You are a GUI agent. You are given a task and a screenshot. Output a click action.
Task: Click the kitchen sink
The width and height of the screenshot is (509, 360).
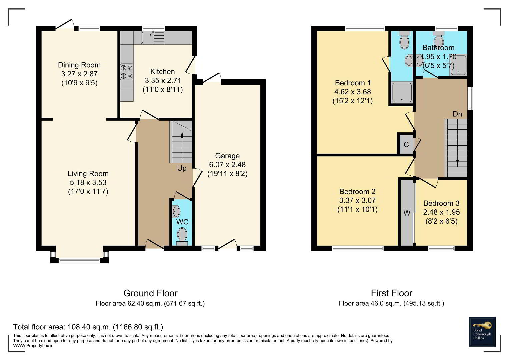tap(153, 37)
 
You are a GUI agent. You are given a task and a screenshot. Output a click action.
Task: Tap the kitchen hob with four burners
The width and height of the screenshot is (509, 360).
tap(127, 72)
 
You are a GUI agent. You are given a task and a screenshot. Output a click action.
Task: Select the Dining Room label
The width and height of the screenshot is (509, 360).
tap(79, 65)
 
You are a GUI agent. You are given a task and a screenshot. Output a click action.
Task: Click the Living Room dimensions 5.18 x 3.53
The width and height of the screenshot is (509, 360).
tap(88, 183)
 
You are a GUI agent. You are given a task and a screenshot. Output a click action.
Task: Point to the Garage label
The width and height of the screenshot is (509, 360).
tap(227, 156)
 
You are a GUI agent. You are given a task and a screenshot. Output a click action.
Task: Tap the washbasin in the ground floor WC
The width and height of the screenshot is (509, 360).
tap(176, 211)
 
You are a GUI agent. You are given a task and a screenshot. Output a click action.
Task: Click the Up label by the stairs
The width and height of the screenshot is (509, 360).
tap(182, 168)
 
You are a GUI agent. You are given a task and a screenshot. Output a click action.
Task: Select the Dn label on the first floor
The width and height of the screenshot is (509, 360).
tap(457, 114)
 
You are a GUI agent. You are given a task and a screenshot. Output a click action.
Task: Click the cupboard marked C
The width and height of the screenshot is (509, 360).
tap(406, 144)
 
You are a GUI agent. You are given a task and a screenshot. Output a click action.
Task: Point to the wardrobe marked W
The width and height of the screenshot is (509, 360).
tap(407, 213)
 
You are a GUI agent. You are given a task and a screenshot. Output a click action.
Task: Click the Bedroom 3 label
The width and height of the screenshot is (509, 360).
tap(441, 203)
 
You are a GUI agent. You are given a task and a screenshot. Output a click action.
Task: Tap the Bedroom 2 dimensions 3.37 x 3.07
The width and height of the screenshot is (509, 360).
tap(357, 200)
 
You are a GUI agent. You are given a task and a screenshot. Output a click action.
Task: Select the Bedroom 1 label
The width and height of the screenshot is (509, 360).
tap(353, 83)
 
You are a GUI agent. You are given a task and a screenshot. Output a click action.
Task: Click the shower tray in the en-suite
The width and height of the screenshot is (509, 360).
tap(402, 92)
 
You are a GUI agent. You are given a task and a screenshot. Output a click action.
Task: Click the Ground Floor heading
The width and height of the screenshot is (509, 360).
tap(150, 293)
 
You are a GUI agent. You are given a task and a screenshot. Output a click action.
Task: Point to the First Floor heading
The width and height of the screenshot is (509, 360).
tap(392, 293)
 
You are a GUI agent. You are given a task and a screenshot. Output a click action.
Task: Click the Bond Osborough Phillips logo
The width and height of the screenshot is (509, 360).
tap(482, 332)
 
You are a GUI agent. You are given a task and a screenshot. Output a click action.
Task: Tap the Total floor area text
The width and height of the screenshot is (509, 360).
tap(88, 327)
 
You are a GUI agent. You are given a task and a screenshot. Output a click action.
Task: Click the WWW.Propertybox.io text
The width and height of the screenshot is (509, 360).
tap(33, 346)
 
